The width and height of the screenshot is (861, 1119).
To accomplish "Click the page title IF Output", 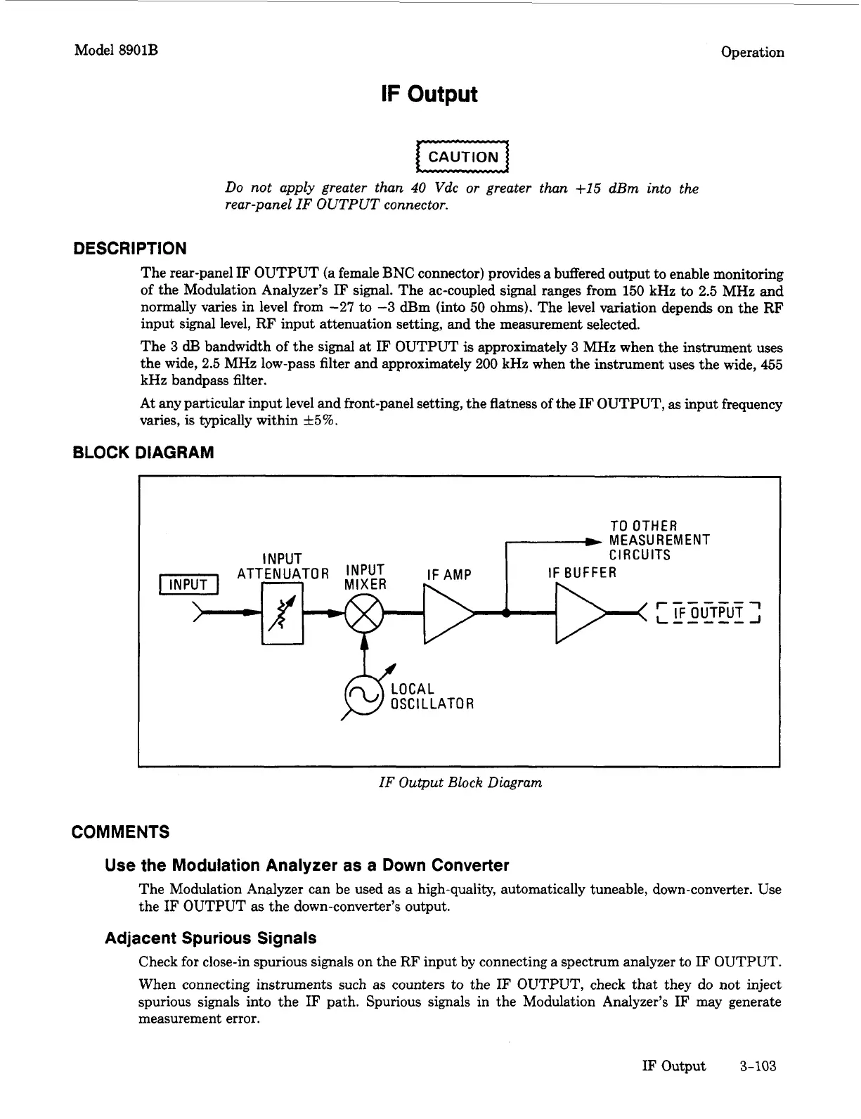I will (429, 94).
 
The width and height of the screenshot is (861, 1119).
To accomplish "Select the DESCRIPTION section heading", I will (130, 248).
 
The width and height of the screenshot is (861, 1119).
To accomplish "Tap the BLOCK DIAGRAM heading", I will (143, 453).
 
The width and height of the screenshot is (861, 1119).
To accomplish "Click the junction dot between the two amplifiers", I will (506, 612).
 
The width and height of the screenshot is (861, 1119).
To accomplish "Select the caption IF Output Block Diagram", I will (460, 782).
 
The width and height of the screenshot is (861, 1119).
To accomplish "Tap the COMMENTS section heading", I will (121, 832).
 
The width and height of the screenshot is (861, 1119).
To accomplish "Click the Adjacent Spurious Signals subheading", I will (210, 938).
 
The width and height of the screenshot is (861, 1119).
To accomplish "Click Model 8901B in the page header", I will (116, 51).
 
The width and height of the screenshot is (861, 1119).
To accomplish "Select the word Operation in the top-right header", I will (752, 52).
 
